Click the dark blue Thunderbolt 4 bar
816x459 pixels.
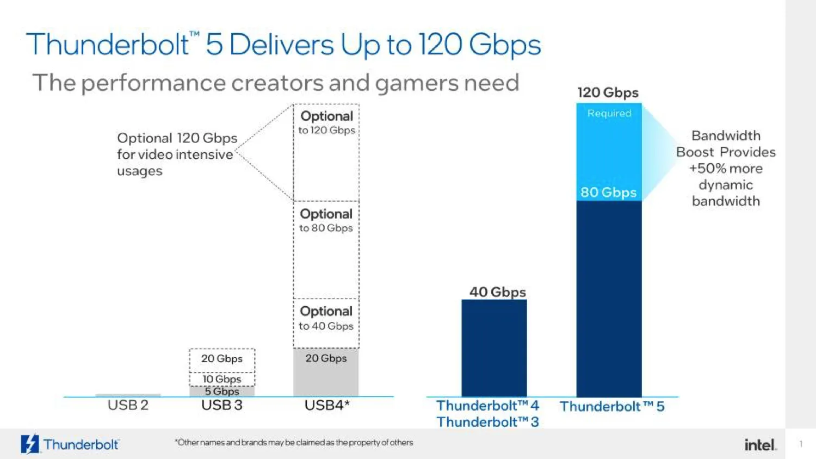[x=494, y=348]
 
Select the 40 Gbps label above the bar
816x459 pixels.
[x=497, y=292]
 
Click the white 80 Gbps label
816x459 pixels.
[x=608, y=193]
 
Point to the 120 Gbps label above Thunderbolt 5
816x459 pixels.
[x=608, y=92]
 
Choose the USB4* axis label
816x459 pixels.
[x=326, y=405]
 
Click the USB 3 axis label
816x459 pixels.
[x=222, y=405]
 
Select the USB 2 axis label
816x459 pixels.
[x=128, y=405]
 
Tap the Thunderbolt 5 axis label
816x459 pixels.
[x=612, y=406]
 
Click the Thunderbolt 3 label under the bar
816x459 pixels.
[x=487, y=422]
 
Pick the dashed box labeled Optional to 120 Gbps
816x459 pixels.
[x=326, y=152]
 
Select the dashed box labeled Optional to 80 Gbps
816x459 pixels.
[x=326, y=250]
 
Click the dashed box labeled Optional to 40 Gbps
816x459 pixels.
[x=326, y=323]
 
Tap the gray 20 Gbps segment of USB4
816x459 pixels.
[x=326, y=373]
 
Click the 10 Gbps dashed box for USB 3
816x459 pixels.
[x=222, y=379]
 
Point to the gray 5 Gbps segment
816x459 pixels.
[x=222, y=392]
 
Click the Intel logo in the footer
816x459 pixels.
[x=760, y=445]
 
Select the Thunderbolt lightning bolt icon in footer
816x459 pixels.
[x=30, y=444]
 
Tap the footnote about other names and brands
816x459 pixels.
[x=294, y=443]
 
